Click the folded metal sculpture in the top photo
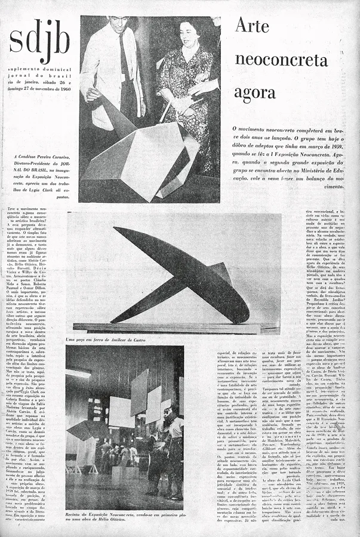143,152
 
